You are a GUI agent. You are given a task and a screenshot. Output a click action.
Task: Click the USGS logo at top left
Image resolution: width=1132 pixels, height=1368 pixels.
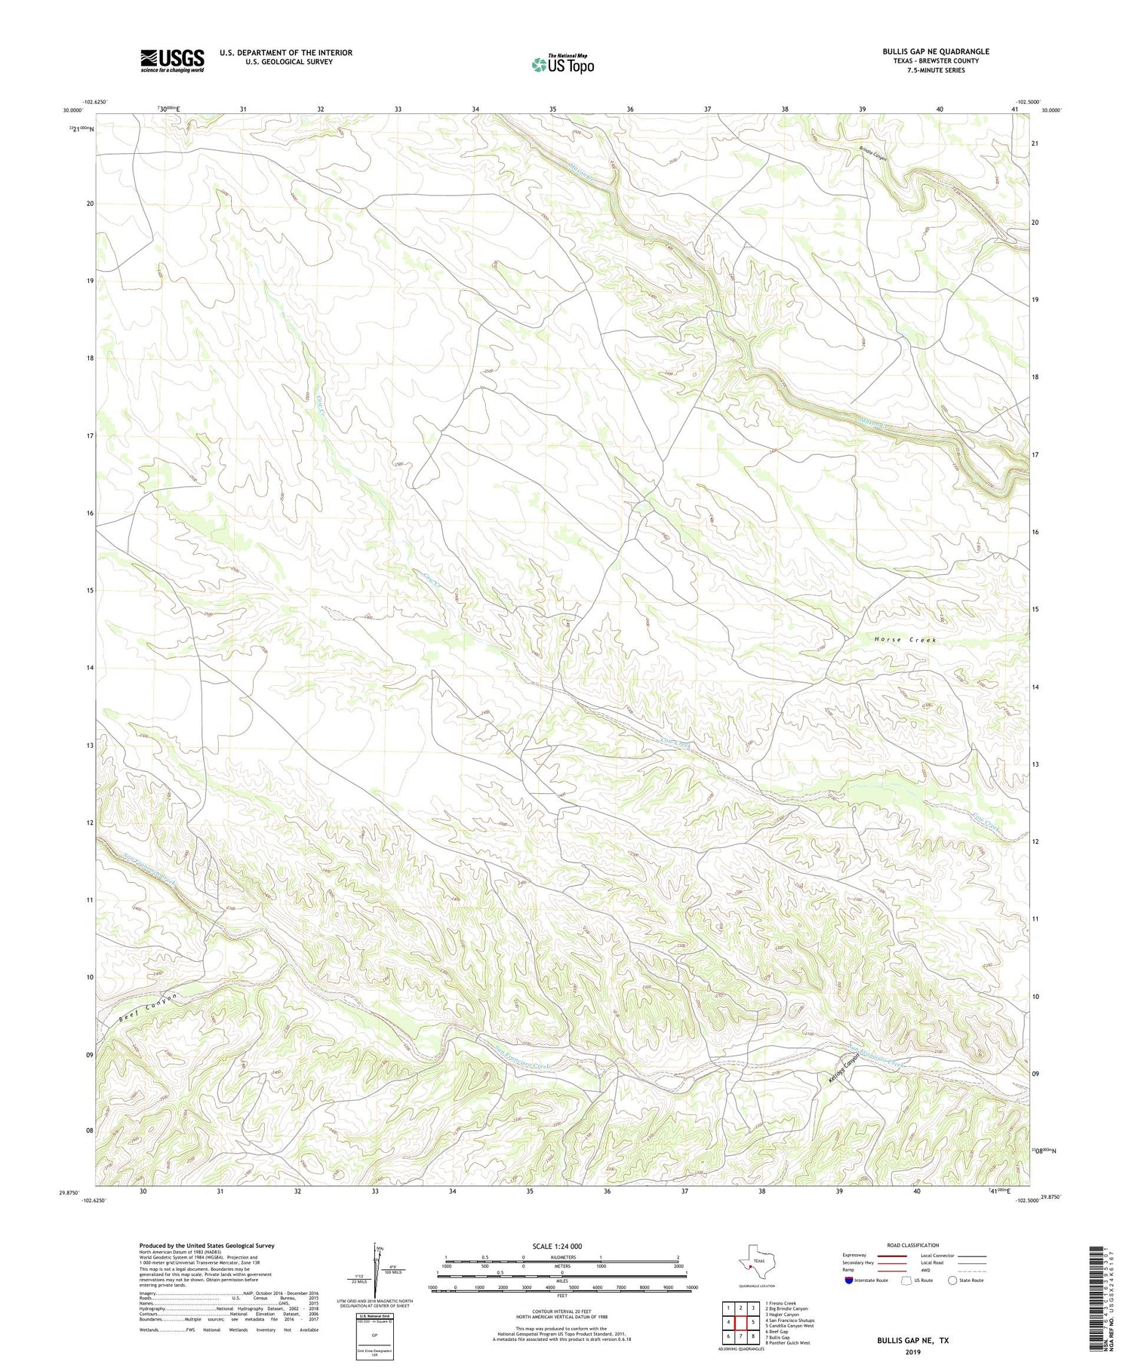172,60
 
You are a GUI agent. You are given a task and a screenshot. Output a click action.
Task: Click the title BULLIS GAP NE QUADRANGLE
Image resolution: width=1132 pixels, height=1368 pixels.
935,51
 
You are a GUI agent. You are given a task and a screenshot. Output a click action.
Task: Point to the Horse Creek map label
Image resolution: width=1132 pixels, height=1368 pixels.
905,640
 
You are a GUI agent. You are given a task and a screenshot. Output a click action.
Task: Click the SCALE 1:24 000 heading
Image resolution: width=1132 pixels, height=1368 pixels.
557,1246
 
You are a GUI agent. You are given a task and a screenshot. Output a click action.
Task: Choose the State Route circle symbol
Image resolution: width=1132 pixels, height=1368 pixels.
952,1280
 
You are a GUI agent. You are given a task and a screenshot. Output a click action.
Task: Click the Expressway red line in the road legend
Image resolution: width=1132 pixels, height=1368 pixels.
893,1256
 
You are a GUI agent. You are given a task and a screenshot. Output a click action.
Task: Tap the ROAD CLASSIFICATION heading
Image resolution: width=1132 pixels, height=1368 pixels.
912,1245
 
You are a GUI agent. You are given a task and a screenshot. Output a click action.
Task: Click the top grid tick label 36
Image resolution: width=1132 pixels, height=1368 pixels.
630,109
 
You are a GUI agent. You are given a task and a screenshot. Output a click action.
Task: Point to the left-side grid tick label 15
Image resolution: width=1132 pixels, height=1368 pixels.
90,591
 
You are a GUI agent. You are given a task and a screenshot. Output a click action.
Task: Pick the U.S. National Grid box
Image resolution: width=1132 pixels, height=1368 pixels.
374,1336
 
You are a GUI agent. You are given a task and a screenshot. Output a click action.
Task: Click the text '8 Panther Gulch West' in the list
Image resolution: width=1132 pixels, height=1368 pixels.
787,1343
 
